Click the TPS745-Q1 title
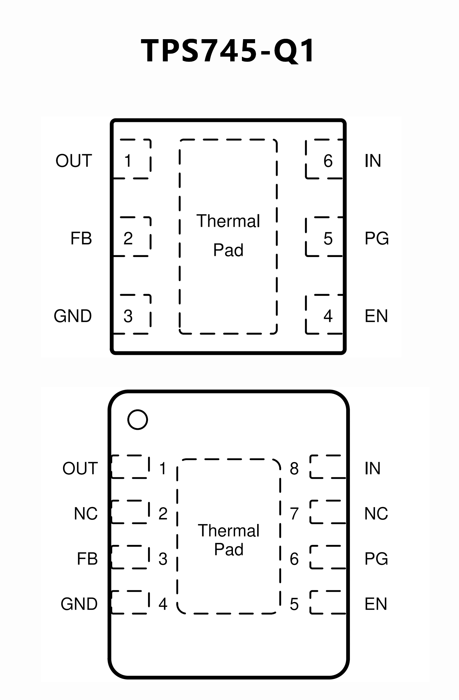(228, 51)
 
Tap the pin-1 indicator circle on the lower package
(138, 420)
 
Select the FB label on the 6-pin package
(81, 238)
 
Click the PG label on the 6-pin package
(376, 238)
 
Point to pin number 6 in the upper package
(328, 161)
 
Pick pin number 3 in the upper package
(128, 316)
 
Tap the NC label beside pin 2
(86, 513)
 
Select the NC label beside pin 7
(376, 513)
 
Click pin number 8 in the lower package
(294, 468)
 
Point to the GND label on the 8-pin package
(79, 604)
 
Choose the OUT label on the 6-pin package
(74, 161)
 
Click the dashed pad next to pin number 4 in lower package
(130, 602)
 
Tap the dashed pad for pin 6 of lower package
(328, 557)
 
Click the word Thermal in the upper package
(228, 221)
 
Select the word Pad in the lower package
(229, 549)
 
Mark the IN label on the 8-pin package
(372, 468)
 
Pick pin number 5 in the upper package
(328, 238)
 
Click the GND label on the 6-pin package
(73, 316)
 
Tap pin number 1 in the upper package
(128, 161)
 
